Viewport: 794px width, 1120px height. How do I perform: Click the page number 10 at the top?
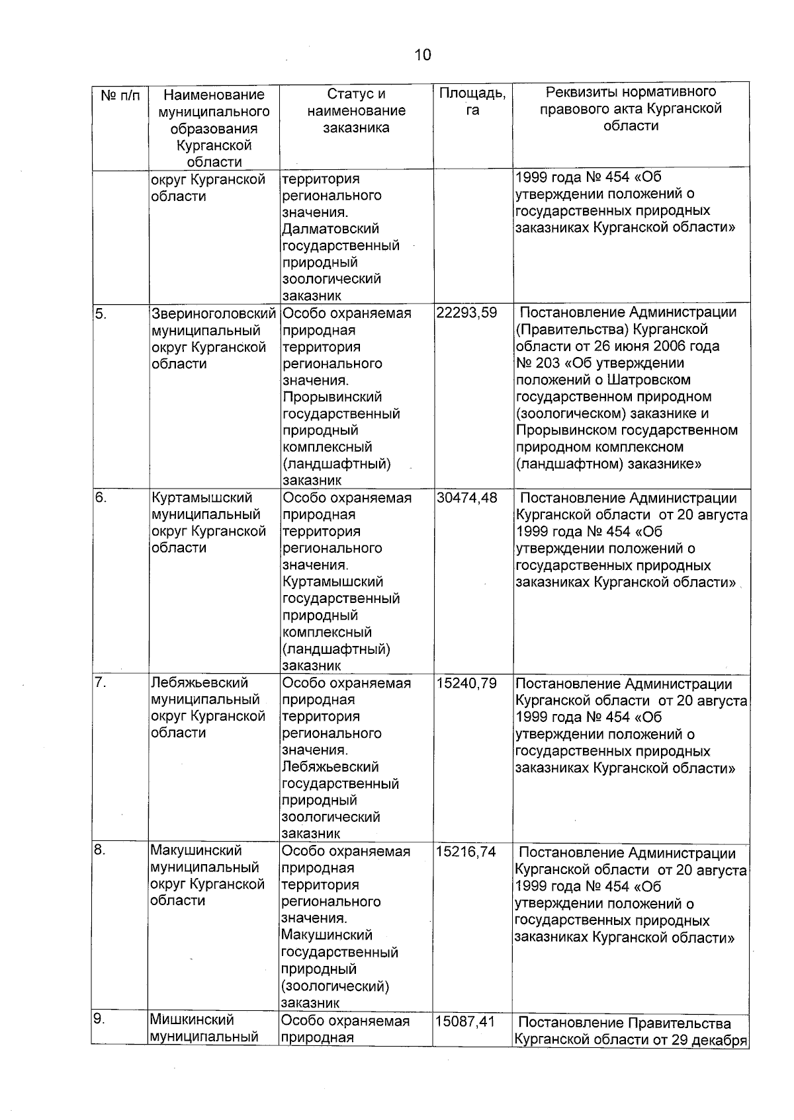click(x=423, y=55)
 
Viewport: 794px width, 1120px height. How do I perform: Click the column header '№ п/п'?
click(x=120, y=96)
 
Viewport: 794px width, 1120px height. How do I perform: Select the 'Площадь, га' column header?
click(x=472, y=102)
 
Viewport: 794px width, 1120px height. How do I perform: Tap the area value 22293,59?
click(x=466, y=313)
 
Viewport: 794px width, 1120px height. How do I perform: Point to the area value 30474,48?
click(x=466, y=498)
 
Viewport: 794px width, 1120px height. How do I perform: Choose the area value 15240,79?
click(x=466, y=683)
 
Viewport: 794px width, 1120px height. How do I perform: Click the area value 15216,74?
click(x=466, y=852)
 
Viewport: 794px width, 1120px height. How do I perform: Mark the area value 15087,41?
click(x=466, y=1021)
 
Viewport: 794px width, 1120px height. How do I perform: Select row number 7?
click(x=100, y=683)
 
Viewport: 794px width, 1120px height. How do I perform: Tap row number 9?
click(x=99, y=1020)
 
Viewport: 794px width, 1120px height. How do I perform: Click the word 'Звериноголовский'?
click(x=213, y=313)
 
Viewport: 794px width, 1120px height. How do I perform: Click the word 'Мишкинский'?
click(x=192, y=1020)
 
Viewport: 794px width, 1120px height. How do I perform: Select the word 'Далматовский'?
click(x=330, y=229)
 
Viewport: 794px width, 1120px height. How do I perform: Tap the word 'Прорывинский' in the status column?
click(x=332, y=397)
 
